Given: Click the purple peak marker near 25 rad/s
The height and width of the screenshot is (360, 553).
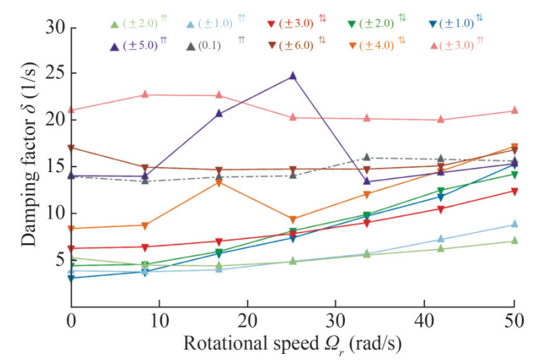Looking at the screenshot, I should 293,76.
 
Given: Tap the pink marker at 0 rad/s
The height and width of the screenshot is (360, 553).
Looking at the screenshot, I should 71,109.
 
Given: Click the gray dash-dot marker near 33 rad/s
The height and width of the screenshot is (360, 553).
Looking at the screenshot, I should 367,158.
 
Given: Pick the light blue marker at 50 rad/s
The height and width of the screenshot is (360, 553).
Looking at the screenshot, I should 514,224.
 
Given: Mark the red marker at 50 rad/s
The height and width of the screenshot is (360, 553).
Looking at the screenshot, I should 514,191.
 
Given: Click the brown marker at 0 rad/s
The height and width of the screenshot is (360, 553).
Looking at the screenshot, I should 71,148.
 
